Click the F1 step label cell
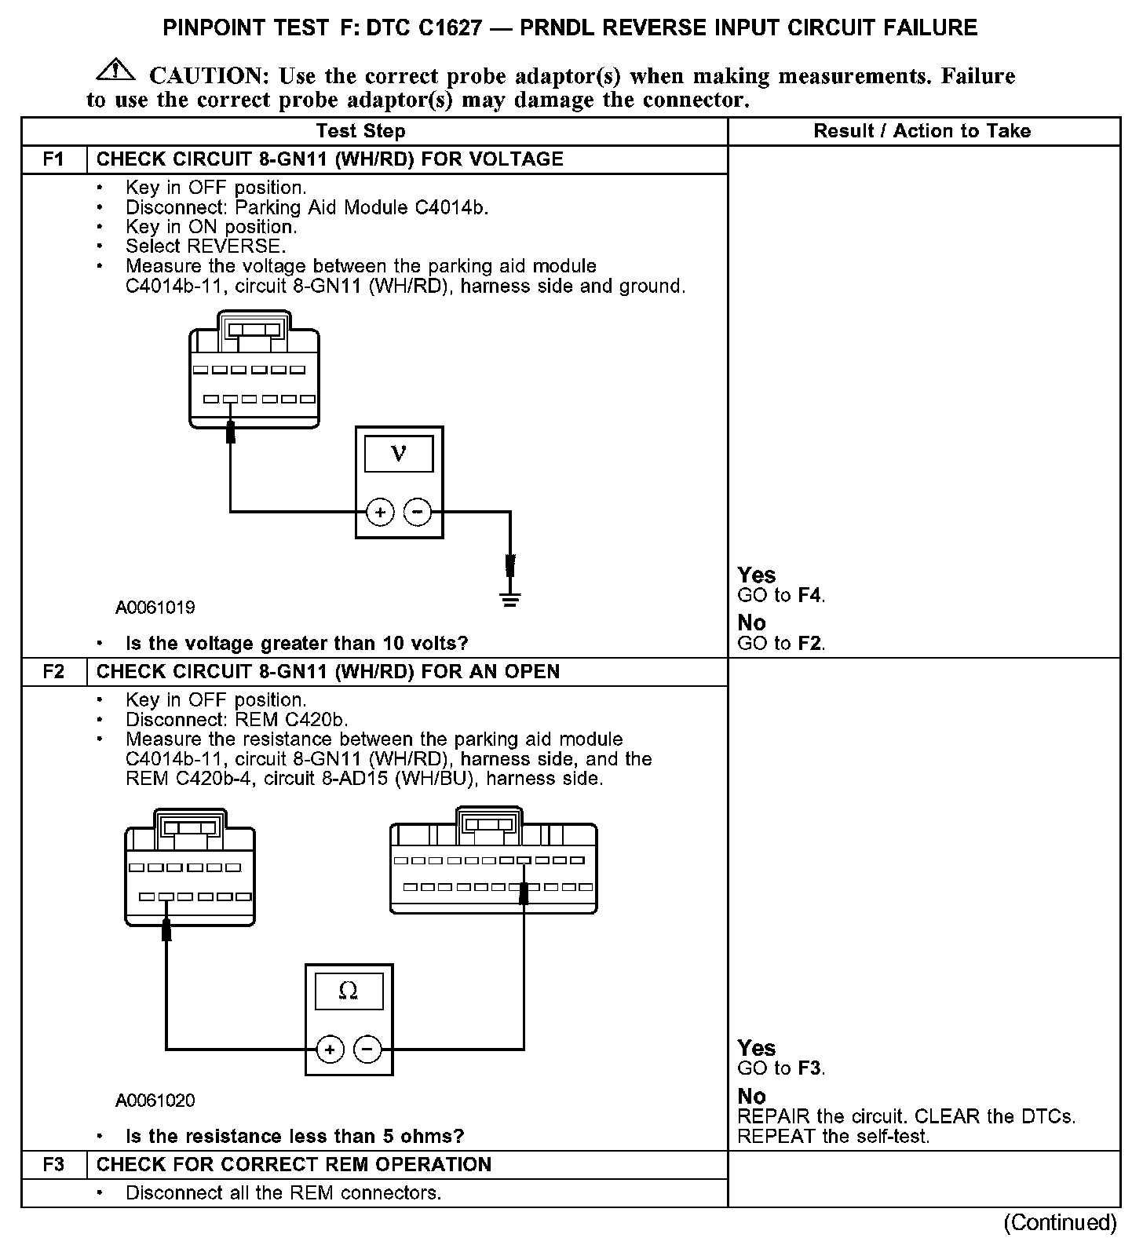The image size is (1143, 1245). (x=53, y=159)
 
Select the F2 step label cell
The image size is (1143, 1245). (x=53, y=672)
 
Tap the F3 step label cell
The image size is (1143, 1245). (x=53, y=1164)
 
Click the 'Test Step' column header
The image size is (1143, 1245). (x=360, y=131)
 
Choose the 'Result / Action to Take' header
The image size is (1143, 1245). (x=922, y=131)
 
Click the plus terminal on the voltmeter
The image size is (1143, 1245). (x=380, y=513)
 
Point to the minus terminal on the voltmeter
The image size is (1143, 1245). (x=418, y=513)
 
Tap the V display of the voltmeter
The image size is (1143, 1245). (x=399, y=454)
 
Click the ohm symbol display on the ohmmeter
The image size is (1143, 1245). (x=349, y=991)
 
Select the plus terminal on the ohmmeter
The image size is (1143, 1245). (x=330, y=1050)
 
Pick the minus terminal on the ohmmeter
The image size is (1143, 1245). (x=367, y=1050)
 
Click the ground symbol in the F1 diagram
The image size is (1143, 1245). (x=510, y=601)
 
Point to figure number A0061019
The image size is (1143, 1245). (x=155, y=608)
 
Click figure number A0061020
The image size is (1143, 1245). (x=155, y=1101)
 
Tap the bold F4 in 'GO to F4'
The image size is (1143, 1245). (x=809, y=596)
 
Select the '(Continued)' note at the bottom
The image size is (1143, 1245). (x=1060, y=1222)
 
